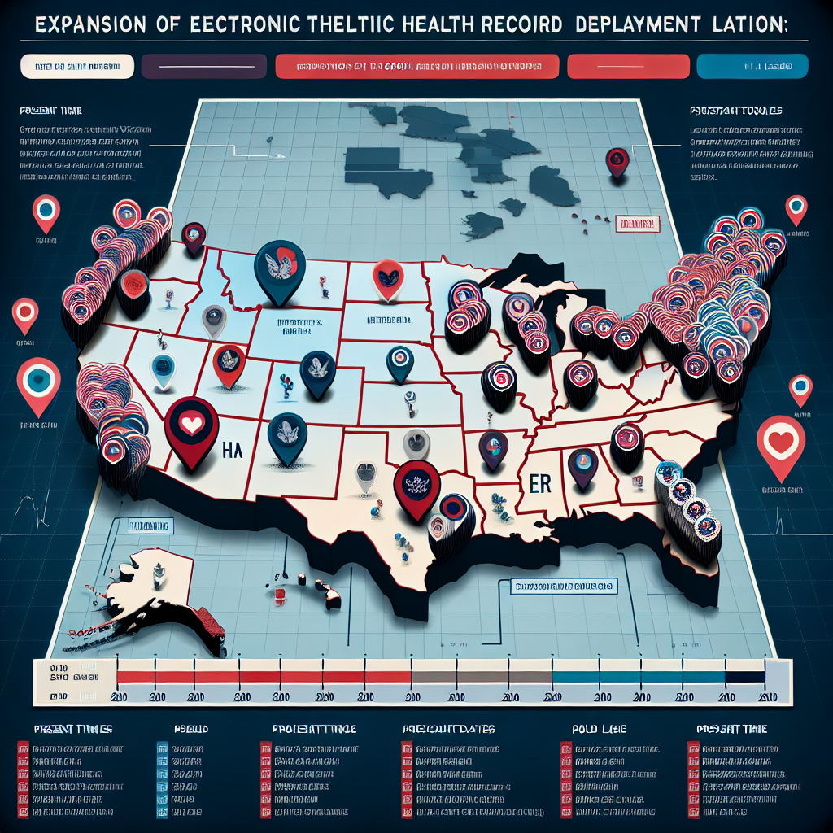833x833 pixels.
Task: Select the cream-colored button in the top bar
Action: click(72, 66)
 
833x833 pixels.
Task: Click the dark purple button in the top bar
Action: click(203, 66)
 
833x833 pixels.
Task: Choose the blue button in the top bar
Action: click(752, 66)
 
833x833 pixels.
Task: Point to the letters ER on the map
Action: click(540, 482)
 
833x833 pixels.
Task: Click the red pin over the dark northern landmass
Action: click(619, 160)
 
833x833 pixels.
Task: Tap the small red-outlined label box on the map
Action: click(637, 223)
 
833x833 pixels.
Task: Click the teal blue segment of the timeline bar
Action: click(639, 675)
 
